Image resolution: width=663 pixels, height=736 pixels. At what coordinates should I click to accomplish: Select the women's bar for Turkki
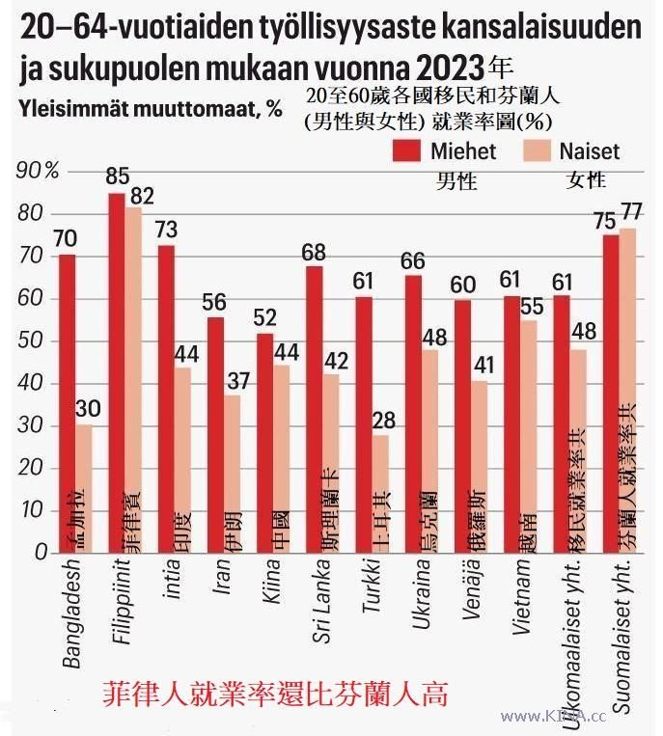click(381, 493)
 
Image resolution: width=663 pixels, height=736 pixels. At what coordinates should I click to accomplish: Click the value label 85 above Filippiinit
click(118, 177)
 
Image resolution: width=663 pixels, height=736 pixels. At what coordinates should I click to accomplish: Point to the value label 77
click(632, 211)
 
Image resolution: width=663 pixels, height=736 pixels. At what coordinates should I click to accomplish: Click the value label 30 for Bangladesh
click(85, 407)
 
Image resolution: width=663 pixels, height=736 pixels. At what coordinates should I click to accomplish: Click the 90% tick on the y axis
click(39, 171)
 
